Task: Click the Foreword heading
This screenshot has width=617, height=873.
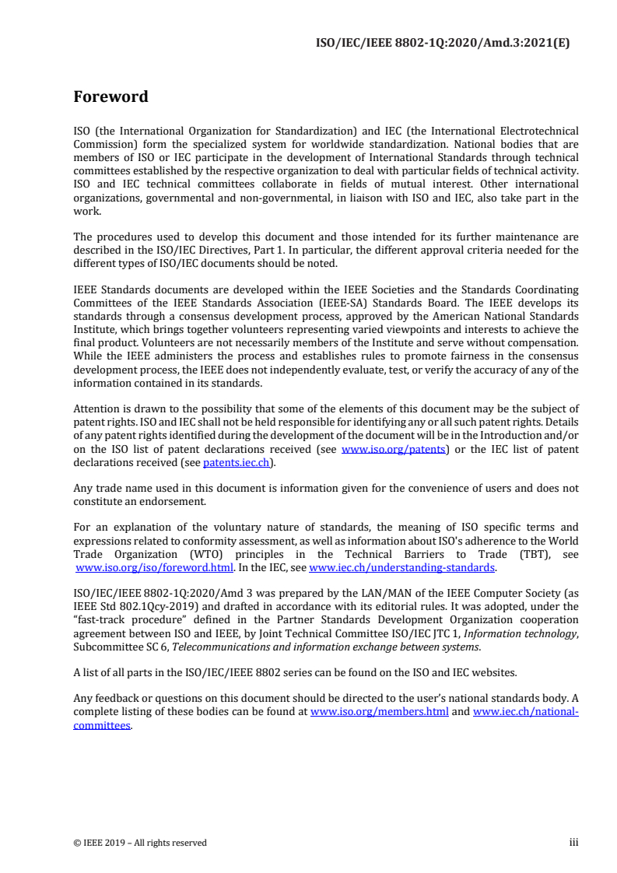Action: [110, 97]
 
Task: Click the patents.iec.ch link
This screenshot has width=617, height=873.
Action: [238, 462]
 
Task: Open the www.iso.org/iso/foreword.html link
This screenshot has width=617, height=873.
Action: [154, 568]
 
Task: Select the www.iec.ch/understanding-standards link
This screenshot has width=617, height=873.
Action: [402, 568]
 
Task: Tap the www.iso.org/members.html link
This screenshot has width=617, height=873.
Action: [379, 712]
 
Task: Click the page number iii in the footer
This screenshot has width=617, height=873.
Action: [573, 843]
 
